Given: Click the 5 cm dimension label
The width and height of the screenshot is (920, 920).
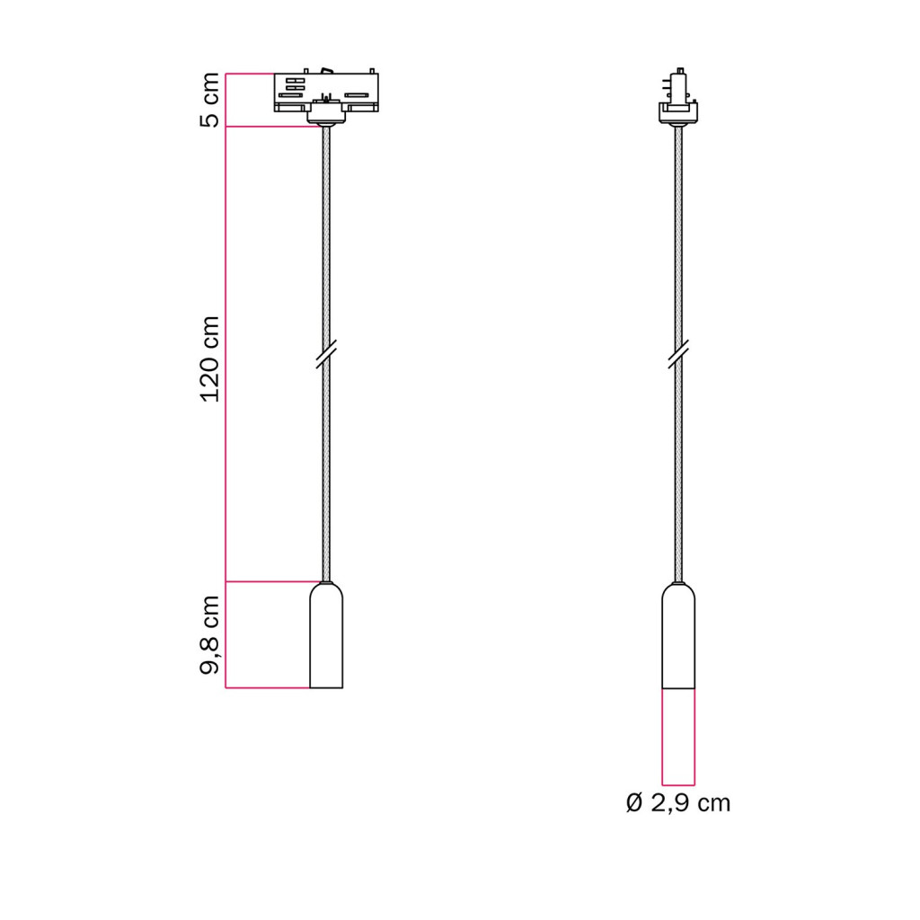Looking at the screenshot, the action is point(209,100).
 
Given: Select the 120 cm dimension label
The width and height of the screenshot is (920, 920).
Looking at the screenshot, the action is point(209,359).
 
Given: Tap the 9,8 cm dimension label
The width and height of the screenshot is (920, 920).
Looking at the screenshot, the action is point(209,635).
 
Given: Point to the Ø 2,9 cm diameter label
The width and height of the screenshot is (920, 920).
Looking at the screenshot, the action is point(678,802).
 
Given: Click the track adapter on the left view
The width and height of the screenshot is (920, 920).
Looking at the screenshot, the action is point(326,93).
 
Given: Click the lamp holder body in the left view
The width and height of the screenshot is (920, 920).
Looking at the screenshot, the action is point(326,635).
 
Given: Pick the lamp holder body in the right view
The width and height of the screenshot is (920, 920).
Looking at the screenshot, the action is point(678,635).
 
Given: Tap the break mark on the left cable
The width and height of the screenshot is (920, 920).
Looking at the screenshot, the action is point(326,354).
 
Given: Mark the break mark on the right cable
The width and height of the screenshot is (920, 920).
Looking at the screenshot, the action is point(678,354).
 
